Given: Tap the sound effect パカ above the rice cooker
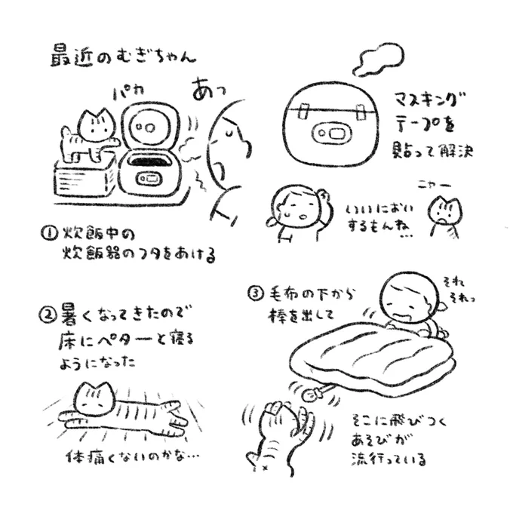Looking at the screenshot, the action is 128,94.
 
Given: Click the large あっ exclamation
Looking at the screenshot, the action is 208,88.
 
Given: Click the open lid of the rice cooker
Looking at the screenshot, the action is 149,126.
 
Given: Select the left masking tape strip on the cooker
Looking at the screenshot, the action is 303,111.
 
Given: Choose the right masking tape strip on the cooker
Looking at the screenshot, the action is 360,112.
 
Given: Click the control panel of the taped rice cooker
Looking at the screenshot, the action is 330,134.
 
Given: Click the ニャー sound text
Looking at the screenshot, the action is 434,186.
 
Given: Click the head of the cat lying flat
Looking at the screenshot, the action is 95,398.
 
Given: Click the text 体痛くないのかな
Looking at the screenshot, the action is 132,456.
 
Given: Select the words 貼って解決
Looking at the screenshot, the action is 432,151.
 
